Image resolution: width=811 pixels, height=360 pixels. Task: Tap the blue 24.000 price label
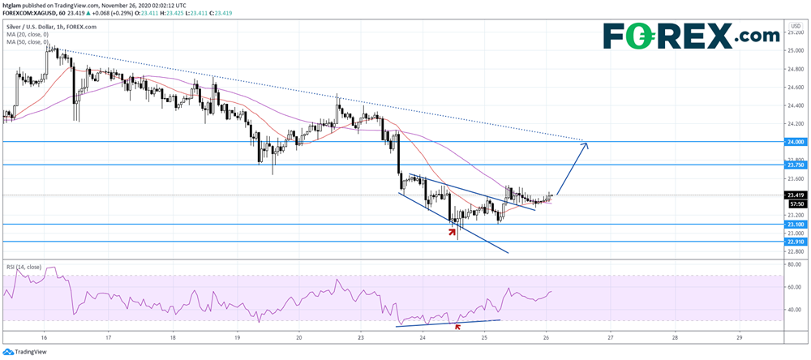tap(795, 142)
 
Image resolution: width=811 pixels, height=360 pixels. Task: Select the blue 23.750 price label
tap(795, 165)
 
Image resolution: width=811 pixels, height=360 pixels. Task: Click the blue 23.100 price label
tap(795, 224)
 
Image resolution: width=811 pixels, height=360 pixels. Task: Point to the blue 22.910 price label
tap(795, 242)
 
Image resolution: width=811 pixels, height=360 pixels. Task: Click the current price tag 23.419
tap(795, 195)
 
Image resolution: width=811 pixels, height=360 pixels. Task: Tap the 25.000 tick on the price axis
tap(795, 50)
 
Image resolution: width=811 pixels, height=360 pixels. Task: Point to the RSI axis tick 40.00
tap(795, 310)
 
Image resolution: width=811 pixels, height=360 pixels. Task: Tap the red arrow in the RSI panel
tap(458, 327)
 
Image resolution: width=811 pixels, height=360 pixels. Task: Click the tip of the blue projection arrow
tap(587, 144)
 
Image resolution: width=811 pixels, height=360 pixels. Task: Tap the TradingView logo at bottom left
tap(26, 351)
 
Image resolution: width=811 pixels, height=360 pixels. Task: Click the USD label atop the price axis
tap(794, 27)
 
